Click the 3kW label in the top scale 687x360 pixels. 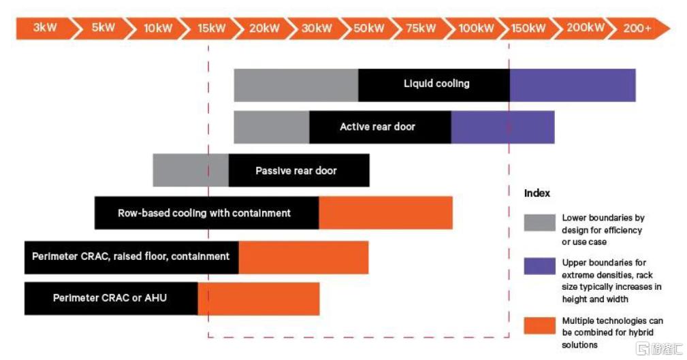click(45, 28)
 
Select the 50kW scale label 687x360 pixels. click(368, 29)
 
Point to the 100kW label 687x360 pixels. click(476, 29)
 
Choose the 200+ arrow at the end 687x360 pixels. click(638, 29)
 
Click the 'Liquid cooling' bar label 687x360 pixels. click(436, 84)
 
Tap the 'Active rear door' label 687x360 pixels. click(377, 127)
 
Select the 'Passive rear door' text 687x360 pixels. click(296, 171)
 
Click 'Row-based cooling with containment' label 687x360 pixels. click(204, 213)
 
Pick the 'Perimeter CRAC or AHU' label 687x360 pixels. click(110, 298)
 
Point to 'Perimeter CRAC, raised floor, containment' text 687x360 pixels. click(131, 257)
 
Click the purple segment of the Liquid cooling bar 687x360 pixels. click(573, 85)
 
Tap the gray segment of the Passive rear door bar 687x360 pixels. click(191, 170)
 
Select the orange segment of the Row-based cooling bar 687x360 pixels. click(385, 213)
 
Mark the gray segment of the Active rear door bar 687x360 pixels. click(272, 127)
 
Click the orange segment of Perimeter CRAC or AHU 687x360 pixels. click(259, 299)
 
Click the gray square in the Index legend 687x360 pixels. click(540, 223)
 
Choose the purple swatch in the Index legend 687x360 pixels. click(540, 266)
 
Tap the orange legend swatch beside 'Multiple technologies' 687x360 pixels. click(540, 326)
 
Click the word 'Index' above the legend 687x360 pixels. click(537, 193)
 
